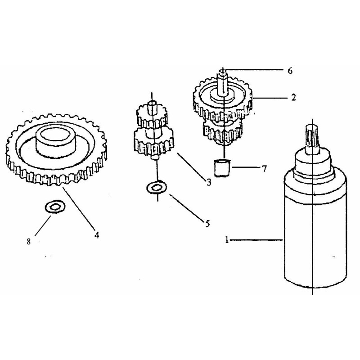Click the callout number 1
(x=227, y=240)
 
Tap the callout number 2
(x=293, y=98)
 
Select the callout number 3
(x=208, y=183)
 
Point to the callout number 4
(x=97, y=235)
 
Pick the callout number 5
(x=207, y=223)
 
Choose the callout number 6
(x=290, y=71)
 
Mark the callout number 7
(x=264, y=169)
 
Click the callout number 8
(x=28, y=242)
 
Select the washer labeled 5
(x=157, y=188)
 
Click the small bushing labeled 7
(x=222, y=167)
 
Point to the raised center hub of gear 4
(x=56, y=141)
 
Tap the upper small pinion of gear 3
(x=151, y=114)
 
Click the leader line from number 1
(x=256, y=240)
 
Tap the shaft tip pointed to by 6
(x=222, y=72)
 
